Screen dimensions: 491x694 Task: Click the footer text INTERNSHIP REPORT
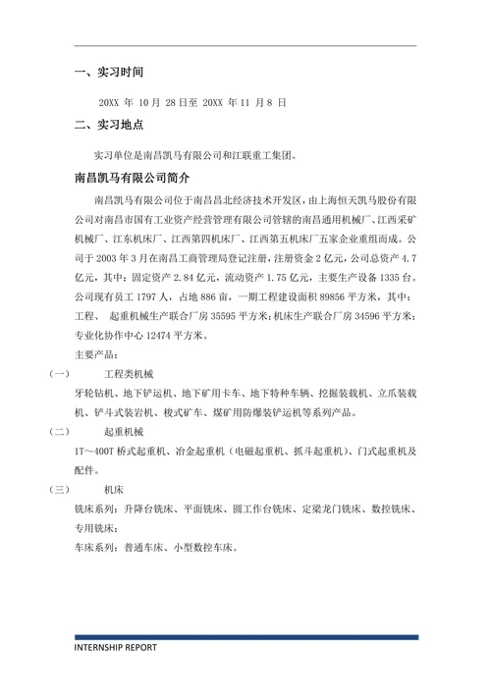click(x=116, y=648)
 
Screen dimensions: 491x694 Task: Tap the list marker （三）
click(x=56, y=489)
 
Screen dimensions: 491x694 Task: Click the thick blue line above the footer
click(x=245, y=637)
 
